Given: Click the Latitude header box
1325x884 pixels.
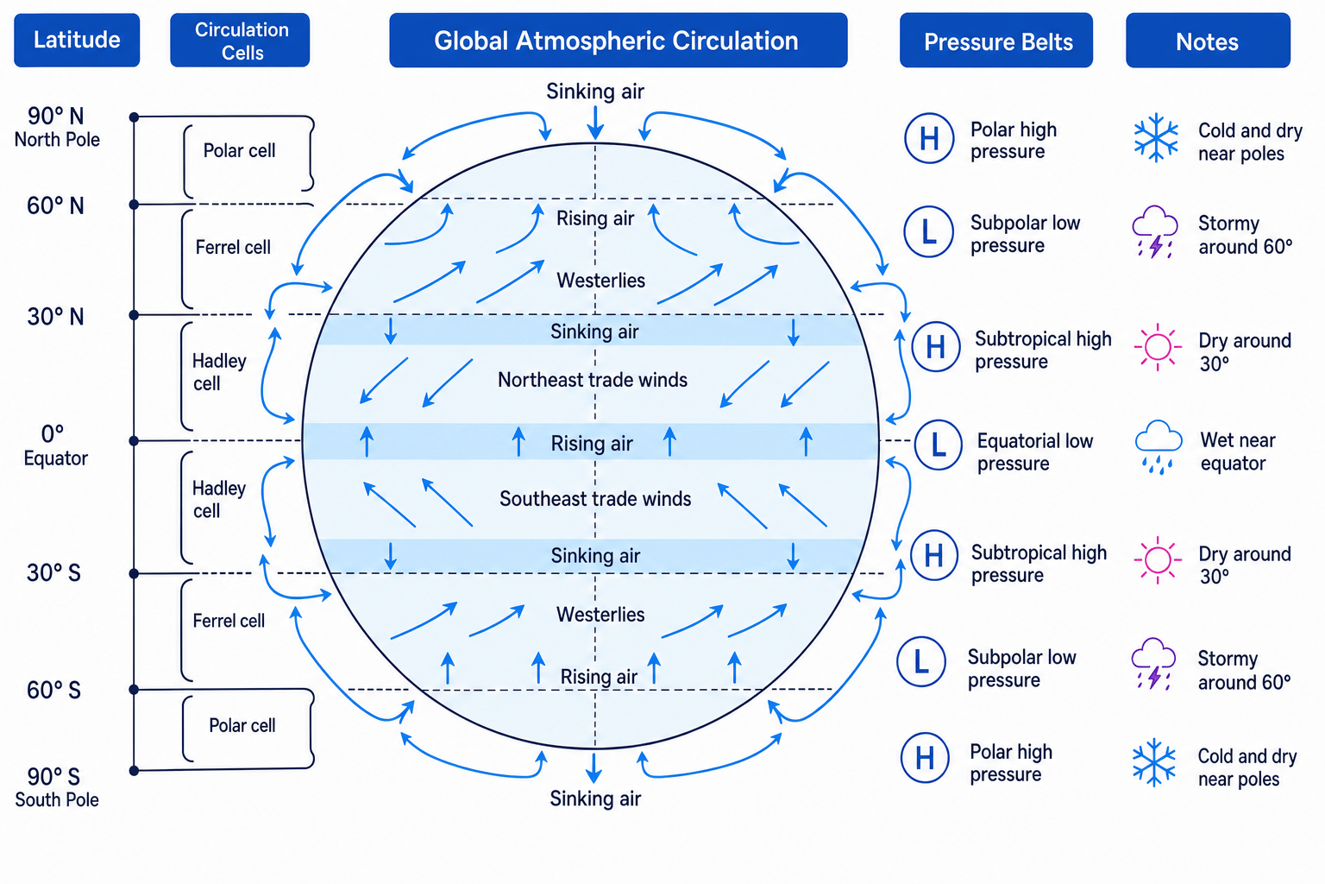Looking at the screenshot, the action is point(77,41).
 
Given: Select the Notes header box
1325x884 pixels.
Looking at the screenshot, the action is point(1208,41).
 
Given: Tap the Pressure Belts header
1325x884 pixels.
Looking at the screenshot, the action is point(996,41).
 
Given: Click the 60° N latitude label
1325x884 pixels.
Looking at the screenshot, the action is point(55,206).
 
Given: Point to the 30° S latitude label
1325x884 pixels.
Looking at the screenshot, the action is point(53,573).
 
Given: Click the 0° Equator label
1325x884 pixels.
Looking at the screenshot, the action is point(55,445).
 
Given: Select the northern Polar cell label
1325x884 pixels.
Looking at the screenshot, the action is point(239,150).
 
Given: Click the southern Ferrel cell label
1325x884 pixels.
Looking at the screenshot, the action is point(229,621).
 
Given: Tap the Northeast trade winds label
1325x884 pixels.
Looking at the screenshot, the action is point(592,380).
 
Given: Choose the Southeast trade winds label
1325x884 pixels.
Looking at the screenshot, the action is point(595,499).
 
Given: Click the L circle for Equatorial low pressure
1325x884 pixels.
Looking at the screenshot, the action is point(939,445).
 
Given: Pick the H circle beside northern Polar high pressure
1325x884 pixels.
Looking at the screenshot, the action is point(929,138).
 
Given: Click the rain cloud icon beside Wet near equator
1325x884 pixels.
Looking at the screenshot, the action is point(1159,447).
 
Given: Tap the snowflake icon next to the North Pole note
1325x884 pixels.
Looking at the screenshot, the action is point(1156,138).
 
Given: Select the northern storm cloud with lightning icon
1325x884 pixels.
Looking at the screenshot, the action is point(1155,232).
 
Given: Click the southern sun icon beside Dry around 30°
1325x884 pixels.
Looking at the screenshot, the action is point(1158,560).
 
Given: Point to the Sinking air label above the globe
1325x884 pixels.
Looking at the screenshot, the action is point(595,92).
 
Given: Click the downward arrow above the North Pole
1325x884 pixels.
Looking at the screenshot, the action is point(596,123).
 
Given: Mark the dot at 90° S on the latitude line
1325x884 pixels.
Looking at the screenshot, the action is point(135,770).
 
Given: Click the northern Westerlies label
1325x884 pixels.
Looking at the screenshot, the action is point(601,280).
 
